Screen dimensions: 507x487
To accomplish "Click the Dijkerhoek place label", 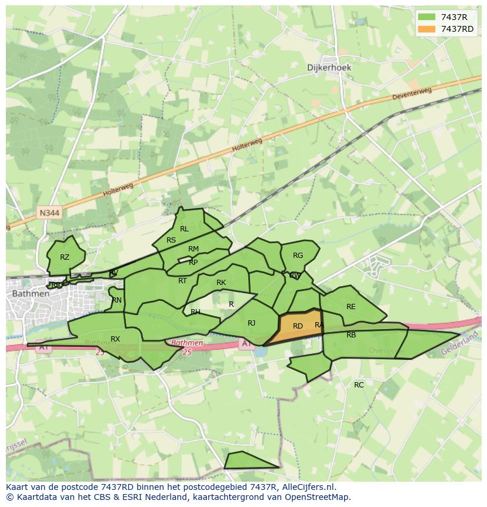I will pos(329,68).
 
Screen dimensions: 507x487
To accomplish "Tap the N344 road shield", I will pos(50,213).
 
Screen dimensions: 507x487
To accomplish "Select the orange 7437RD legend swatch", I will pos(427,29).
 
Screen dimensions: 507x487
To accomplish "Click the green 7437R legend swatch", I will pos(427,18).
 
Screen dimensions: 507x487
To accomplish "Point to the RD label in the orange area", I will pos(298,326).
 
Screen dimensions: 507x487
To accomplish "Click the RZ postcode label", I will pos(65,257).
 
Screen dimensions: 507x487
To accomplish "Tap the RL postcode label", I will pos(184,229).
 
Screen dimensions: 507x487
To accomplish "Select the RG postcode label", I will pos(298,256).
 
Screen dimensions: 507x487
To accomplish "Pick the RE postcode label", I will pos(351,307).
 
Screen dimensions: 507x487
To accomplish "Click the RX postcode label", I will pos(115,339).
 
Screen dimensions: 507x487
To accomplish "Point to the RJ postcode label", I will pos(251,323).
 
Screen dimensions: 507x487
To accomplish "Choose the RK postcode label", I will pos(221,283).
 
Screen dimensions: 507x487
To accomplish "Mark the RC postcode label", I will pos(359,385).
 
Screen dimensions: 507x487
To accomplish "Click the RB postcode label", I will pos(351,335).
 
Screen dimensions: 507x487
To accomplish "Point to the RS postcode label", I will pos(171,240).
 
